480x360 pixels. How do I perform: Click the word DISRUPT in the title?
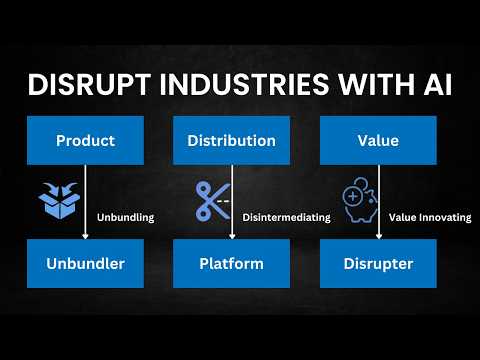[x=89, y=84]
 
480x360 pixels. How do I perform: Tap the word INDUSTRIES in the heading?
[x=245, y=84]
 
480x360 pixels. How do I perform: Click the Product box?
[x=85, y=140]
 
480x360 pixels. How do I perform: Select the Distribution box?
[x=231, y=140]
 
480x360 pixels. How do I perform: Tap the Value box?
[x=378, y=140]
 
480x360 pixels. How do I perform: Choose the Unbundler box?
[x=85, y=263]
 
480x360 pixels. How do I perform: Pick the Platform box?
[x=231, y=263]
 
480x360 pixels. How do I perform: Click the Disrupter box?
[x=378, y=263]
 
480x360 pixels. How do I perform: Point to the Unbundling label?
[x=126, y=218]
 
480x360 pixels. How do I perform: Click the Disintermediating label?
[x=287, y=217]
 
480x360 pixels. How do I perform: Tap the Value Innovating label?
[x=430, y=217]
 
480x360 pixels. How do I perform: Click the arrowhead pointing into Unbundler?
[x=85, y=236]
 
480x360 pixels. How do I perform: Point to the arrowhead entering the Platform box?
[x=232, y=236]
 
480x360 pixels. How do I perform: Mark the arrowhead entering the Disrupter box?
[x=379, y=236]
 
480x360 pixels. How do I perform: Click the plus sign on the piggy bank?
[x=353, y=196]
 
